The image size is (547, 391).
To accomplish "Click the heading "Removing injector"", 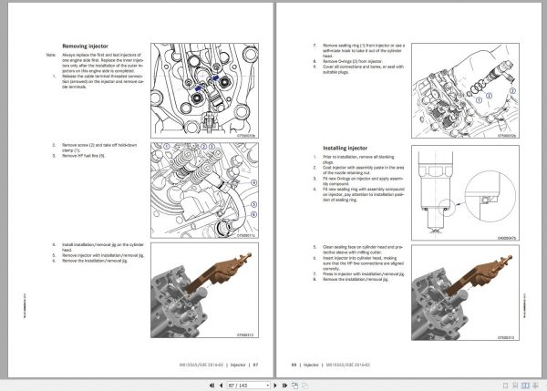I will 86,46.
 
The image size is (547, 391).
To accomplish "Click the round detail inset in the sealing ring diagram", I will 487,198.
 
